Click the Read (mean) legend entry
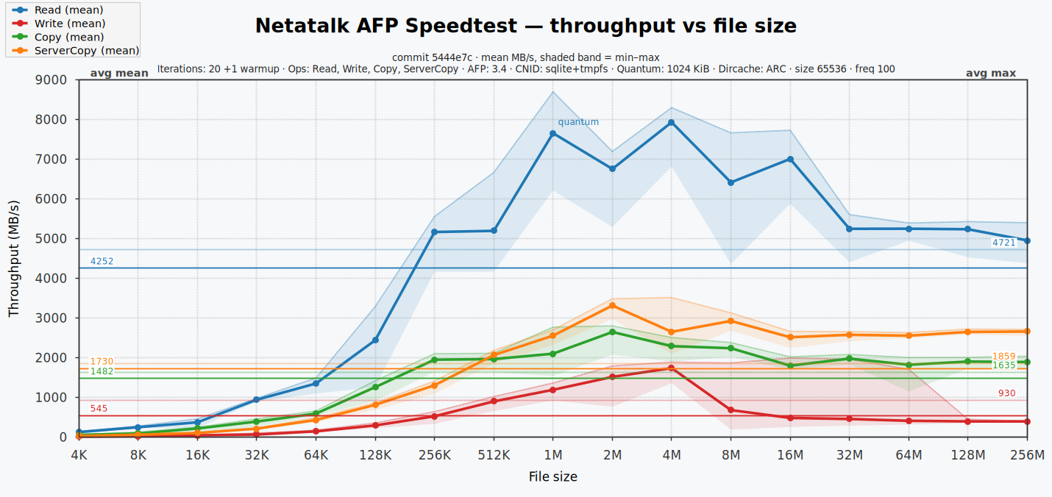tap(57, 10)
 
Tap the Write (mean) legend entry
tap(58, 24)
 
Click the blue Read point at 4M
tap(672, 123)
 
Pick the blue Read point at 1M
tap(552, 134)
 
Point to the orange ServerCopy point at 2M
tap(612, 306)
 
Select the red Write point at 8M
tap(731, 410)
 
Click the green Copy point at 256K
tap(435, 360)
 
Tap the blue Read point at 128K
tap(375, 340)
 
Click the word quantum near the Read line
tap(578, 122)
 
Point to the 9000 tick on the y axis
tap(51, 80)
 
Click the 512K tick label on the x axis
tap(494, 455)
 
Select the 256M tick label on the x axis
tap(1027, 455)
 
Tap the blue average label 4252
tap(102, 262)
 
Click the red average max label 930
tap(1007, 393)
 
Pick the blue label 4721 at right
tap(1004, 243)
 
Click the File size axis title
tap(552, 477)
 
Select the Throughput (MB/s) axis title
tap(14, 259)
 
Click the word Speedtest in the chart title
tap(461, 26)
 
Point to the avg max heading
tap(991, 74)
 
